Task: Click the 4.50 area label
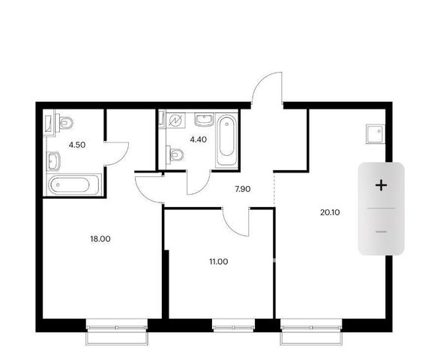pyautogui.click(x=77, y=145)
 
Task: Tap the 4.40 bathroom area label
pyautogui.click(x=199, y=139)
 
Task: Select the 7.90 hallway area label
pyautogui.click(x=243, y=189)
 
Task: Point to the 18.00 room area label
pyautogui.click(x=100, y=239)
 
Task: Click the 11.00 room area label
pyautogui.click(x=219, y=262)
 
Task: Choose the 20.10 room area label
pyautogui.click(x=330, y=212)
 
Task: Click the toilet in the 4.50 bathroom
pyautogui.click(x=64, y=123)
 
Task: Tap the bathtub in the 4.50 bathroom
pyautogui.click(x=74, y=184)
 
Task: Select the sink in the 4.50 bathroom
pyautogui.click(x=53, y=161)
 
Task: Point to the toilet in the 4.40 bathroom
pyautogui.click(x=175, y=154)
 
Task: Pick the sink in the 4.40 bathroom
pyautogui.click(x=204, y=120)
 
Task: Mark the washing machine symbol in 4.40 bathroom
pyautogui.click(x=175, y=121)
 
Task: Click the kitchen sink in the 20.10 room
pyautogui.click(x=376, y=134)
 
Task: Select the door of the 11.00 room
pyautogui.click(x=236, y=222)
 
